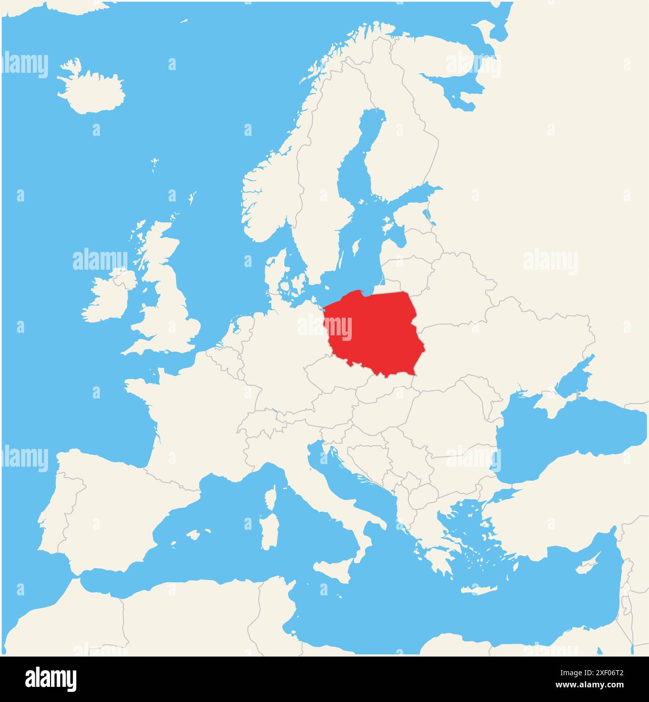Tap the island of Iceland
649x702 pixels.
tap(91, 91)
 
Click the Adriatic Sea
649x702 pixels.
tap(349, 485)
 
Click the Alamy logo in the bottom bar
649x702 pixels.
tap(51, 679)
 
